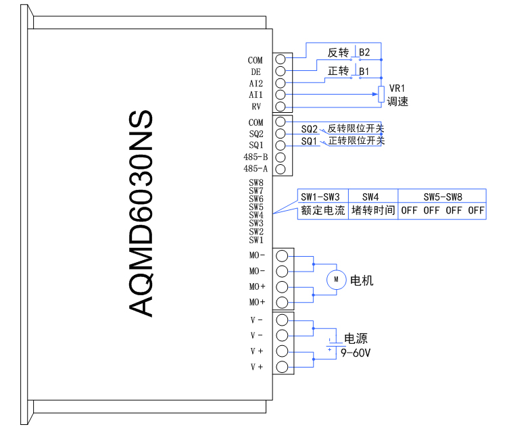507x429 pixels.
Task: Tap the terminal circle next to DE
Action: (280, 71)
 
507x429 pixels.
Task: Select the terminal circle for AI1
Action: (280, 95)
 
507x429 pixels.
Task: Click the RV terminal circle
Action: (280, 107)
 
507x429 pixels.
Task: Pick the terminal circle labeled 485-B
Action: (280, 157)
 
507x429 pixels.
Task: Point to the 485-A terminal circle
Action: (280, 169)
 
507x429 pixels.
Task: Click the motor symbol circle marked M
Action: (336, 280)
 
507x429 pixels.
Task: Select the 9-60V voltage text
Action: (356, 353)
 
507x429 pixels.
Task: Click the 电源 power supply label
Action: (356, 339)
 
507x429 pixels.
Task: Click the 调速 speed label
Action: (397, 102)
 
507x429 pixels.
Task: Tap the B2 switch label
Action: (364, 52)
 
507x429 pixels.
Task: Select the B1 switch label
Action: (364, 71)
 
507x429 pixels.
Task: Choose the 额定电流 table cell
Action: (322, 210)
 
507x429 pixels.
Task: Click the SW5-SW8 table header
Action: (443, 197)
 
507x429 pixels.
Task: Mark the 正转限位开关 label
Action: (356, 141)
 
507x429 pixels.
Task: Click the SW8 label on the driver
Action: (256, 182)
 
